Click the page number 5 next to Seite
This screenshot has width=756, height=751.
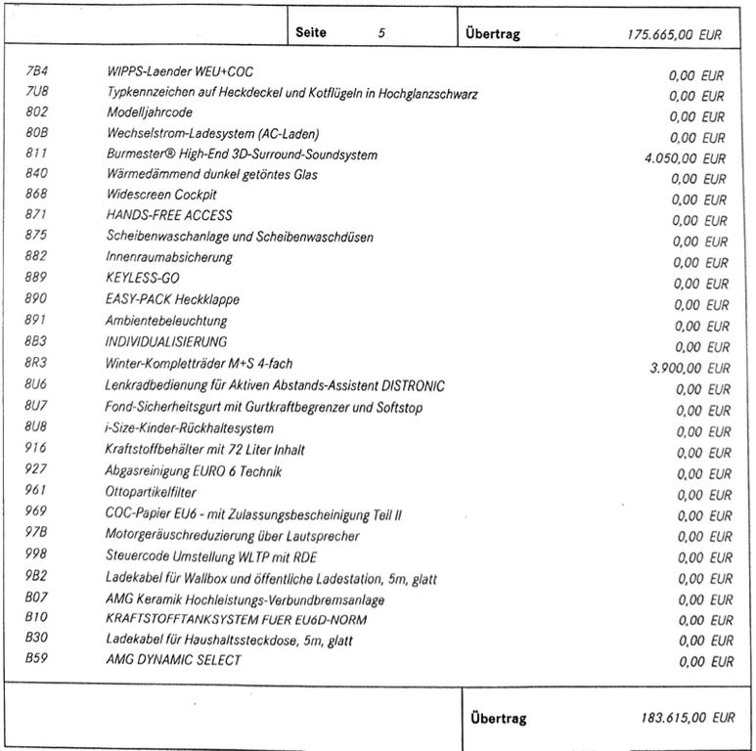pyautogui.click(x=381, y=32)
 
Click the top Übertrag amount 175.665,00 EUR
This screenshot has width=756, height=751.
pyautogui.click(x=674, y=33)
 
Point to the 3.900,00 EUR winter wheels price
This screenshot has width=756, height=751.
pyautogui.click(x=689, y=369)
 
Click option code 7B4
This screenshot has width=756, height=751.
pyautogui.click(x=36, y=71)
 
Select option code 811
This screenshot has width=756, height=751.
pyautogui.click(x=36, y=155)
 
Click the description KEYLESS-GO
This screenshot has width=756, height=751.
pyautogui.click(x=142, y=279)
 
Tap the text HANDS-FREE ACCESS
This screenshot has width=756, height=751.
pyautogui.click(x=168, y=215)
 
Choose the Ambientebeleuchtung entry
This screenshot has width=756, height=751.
pyautogui.click(x=165, y=321)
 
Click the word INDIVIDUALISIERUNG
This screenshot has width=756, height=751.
pyautogui.click(x=165, y=342)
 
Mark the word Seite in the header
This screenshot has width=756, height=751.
pyautogui.click(x=311, y=32)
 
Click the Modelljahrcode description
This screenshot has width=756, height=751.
pyautogui.click(x=152, y=113)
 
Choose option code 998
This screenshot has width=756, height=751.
pyautogui.click(x=36, y=555)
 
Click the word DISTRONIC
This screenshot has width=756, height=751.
pyautogui.click(x=411, y=385)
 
